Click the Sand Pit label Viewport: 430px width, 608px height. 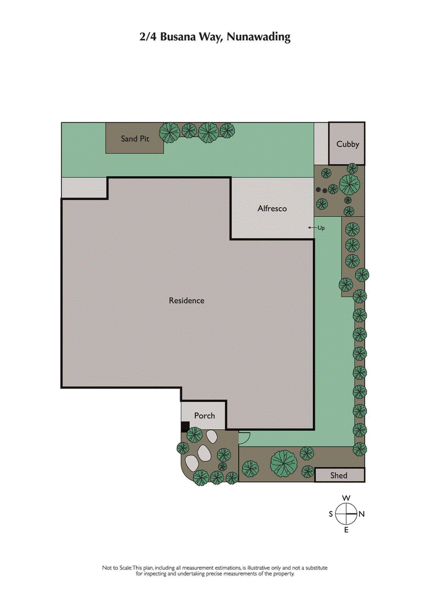tap(134, 139)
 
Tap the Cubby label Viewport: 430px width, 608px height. tap(347, 144)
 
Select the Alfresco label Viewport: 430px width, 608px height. tap(272, 208)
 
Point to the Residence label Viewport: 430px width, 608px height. tap(187, 300)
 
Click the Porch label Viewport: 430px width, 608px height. tap(204, 416)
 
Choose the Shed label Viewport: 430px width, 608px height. tap(339, 475)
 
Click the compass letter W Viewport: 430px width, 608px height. tap(347, 497)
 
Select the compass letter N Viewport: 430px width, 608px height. tap(362, 514)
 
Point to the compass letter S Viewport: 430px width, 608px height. tap(331, 514)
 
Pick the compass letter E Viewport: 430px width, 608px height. tap(346, 530)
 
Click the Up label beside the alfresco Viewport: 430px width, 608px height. tap(321, 228)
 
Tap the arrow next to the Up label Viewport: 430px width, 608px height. tap(311, 228)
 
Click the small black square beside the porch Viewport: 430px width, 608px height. tap(184, 426)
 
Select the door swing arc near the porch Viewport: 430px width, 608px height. tap(243, 438)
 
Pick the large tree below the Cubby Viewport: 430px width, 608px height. tap(350, 184)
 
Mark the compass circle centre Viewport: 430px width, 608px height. tap(346, 514)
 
